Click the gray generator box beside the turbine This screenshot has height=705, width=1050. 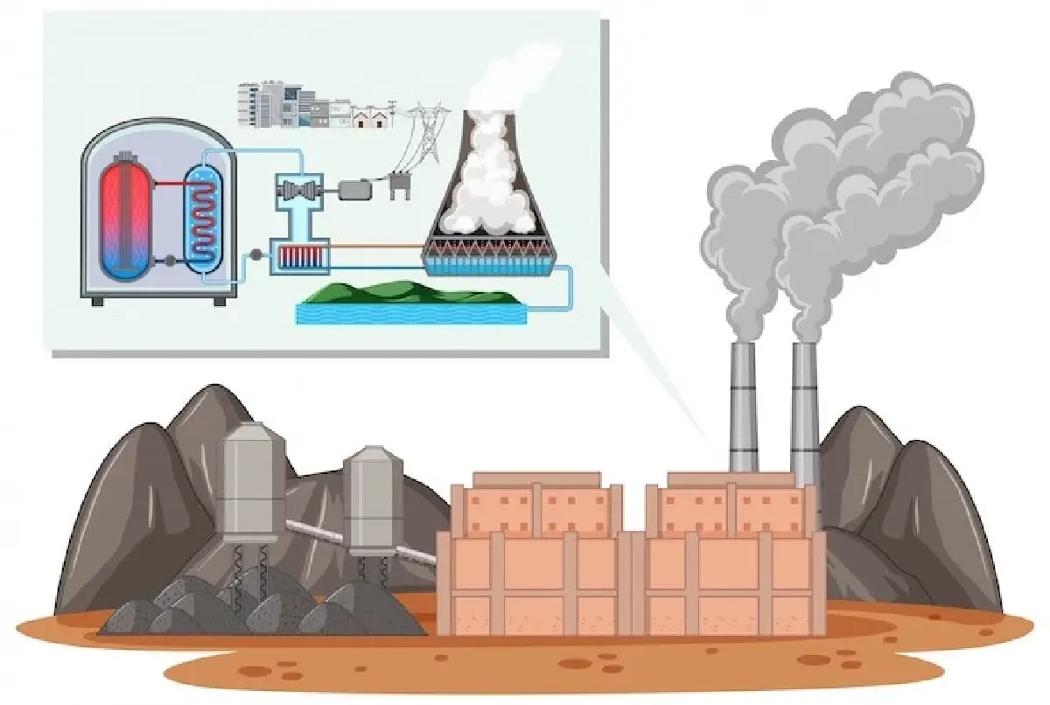[354, 189]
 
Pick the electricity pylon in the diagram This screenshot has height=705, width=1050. [427, 131]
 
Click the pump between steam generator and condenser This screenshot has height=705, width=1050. [255, 255]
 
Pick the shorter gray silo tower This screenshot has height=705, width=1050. [373, 499]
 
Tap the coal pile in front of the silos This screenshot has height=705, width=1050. [262, 608]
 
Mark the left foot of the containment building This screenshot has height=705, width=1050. [97, 300]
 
